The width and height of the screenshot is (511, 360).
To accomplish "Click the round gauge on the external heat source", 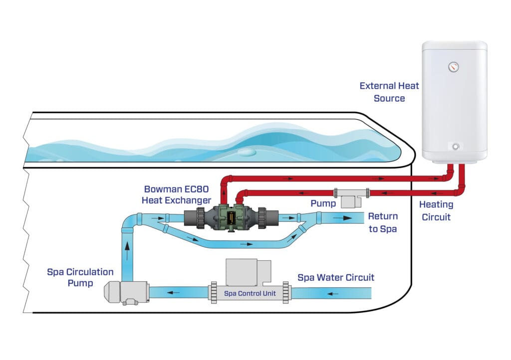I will (453, 66).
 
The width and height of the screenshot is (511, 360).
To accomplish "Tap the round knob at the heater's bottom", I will (456, 147).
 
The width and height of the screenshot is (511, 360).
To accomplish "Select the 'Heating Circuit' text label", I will (436, 210).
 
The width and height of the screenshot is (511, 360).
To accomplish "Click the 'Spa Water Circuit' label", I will (335, 277).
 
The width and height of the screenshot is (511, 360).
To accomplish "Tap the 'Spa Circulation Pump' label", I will (80, 277).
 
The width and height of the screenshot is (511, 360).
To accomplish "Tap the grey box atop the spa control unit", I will (242, 272).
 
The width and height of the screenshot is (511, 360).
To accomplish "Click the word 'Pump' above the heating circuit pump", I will (322, 203).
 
